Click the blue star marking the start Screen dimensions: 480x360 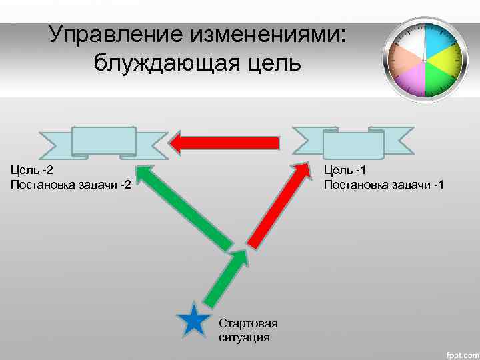click(194, 320)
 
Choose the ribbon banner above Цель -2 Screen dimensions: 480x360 click(104, 143)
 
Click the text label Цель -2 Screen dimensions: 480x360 click(32, 170)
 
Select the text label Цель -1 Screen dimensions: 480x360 click(344, 170)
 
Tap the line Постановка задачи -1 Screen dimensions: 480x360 click(383, 183)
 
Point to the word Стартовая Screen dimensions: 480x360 click(248, 324)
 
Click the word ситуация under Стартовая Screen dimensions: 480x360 click(244, 337)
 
